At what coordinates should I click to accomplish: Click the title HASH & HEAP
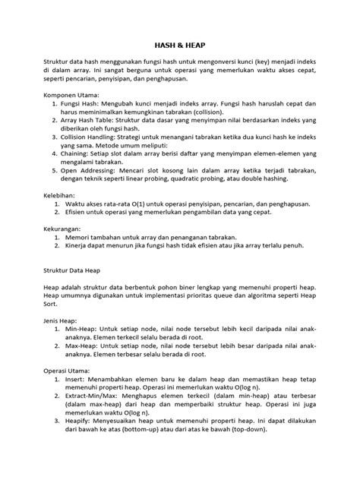(x=180, y=46)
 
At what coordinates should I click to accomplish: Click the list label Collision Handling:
(x=96, y=140)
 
